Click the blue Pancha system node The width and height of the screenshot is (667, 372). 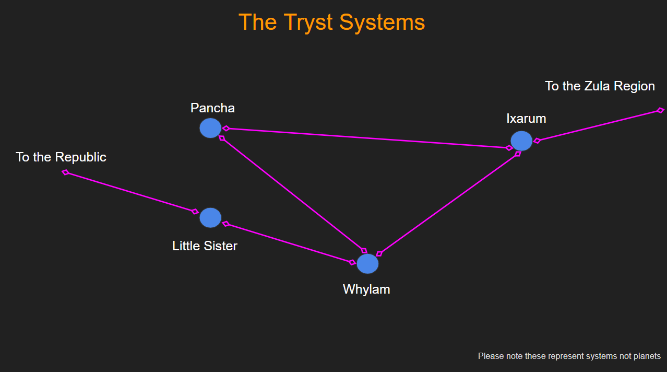pyautogui.click(x=210, y=128)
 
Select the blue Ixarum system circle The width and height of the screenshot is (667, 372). pyautogui.click(x=521, y=141)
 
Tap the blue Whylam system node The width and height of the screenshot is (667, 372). pyautogui.click(x=367, y=264)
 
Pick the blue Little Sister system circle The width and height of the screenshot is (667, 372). pyautogui.click(x=210, y=218)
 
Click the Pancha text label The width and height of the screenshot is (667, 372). pyautogui.click(x=212, y=108)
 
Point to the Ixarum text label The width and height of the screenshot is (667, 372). pyautogui.click(x=526, y=119)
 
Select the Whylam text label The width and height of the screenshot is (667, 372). pyautogui.click(x=366, y=289)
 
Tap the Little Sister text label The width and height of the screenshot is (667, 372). pyautogui.click(x=205, y=246)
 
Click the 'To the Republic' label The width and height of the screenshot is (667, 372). pyautogui.click(x=61, y=157)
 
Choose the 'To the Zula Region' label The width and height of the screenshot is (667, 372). pyautogui.click(x=600, y=86)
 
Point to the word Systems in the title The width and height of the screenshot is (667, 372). pyautogui.click(x=382, y=22)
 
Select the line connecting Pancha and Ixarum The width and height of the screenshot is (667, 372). pyautogui.click(x=365, y=138)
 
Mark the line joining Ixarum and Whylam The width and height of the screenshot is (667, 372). pyautogui.click(x=449, y=204)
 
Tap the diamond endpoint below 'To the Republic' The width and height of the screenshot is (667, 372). pyautogui.click(x=66, y=172)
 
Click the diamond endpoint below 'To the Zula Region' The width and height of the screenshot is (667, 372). pyautogui.click(x=660, y=110)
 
